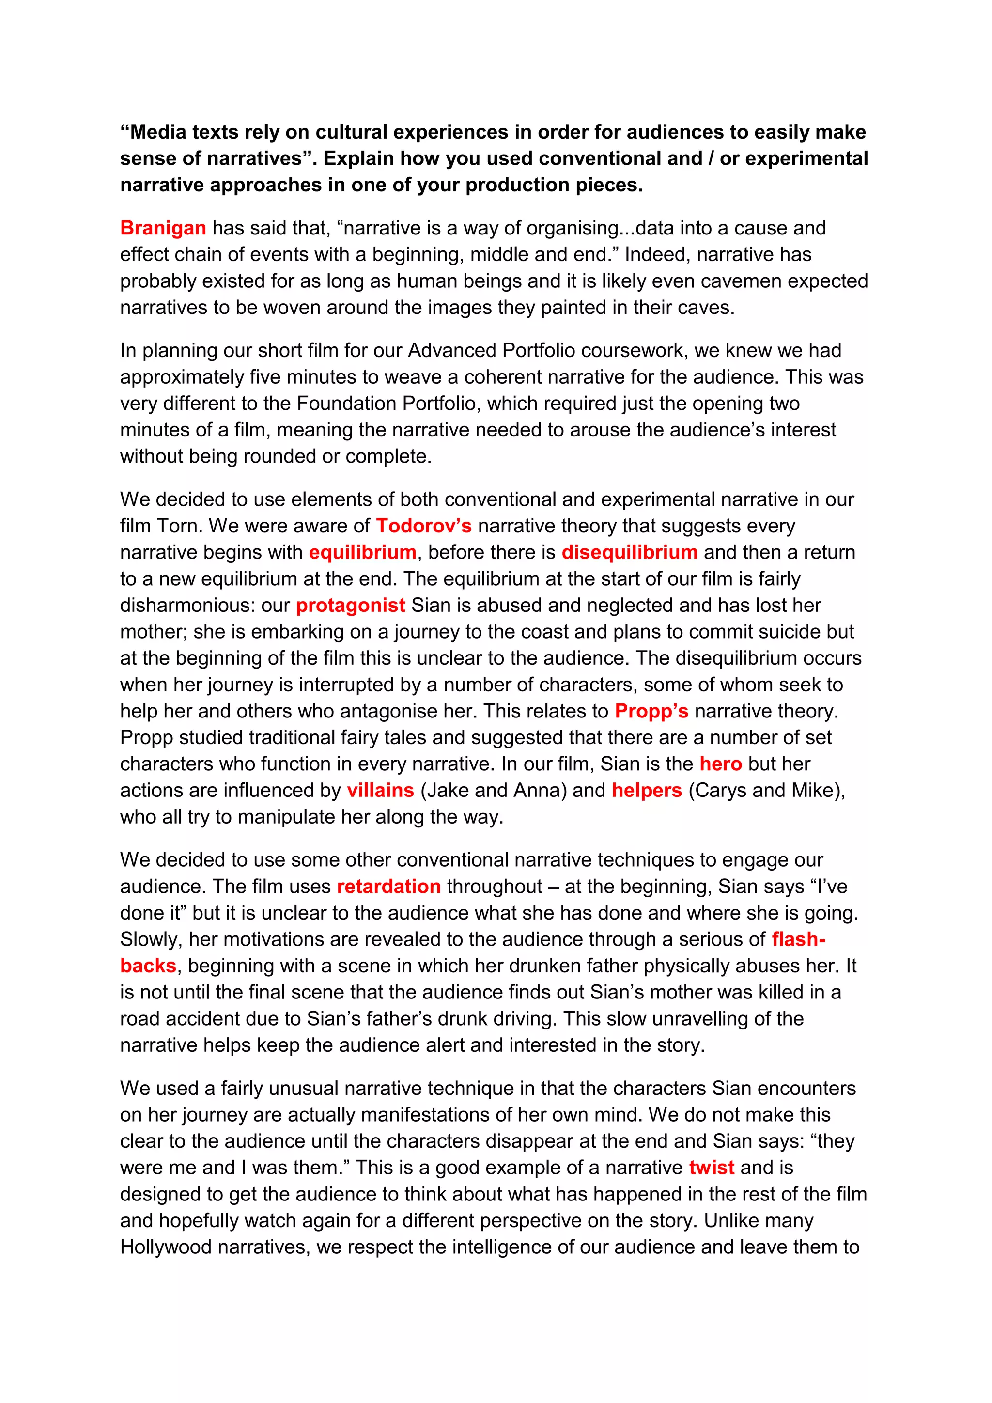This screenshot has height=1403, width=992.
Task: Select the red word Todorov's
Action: click(423, 526)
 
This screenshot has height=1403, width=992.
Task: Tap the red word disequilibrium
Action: click(629, 552)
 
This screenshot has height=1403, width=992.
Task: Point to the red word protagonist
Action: click(350, 605)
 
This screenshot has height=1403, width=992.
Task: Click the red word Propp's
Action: click(651, 711)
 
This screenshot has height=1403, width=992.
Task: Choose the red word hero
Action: click(720, 764)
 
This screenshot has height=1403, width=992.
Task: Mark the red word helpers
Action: click(646, 790)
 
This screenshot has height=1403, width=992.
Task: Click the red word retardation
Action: click(388, 886)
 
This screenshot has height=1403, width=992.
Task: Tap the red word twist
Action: click(711, 1167)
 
